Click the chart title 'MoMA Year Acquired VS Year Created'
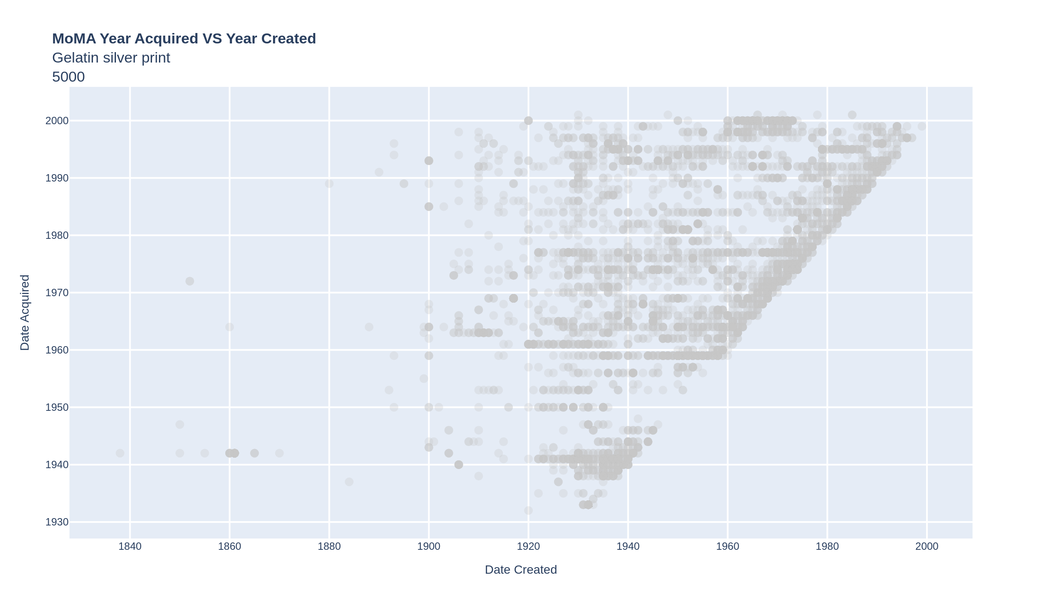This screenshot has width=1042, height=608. click(x=184, y=39)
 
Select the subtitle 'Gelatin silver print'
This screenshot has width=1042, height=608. click(x=111, y=58)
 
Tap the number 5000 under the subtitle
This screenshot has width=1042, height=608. click(x=68, y=77)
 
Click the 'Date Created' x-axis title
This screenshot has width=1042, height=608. click(x=521, y=570)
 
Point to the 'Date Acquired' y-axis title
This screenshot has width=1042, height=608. click(x=25, y=312)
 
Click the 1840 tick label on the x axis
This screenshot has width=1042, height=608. click(x=130, y=546)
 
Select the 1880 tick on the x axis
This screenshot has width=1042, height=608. click(x=329, y=546)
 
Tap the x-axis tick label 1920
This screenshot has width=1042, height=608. click(x=528, y=546)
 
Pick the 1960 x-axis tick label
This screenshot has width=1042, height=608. click(x=728, y=546)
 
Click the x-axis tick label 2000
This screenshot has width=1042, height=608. click(x=927, y=546)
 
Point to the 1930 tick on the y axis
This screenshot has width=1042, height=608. click(x=57, y=522)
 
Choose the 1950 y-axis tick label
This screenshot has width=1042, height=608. click(x=57, y=407)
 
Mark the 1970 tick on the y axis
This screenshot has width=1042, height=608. click(x=57, y=293)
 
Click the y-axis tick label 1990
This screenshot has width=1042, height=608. click(x=57, y=178)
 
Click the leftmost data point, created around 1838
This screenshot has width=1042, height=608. click(x=120, y=453)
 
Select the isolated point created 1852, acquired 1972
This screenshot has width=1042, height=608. click(x=190, y=281)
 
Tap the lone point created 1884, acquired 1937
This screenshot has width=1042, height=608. click(x=349, y=482)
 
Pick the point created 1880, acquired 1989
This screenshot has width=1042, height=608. click(x=329, y=184)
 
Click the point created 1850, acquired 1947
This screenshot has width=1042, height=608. click(x=180, y=424)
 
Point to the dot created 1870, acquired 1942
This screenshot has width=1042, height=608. click(x=279, y=453)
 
